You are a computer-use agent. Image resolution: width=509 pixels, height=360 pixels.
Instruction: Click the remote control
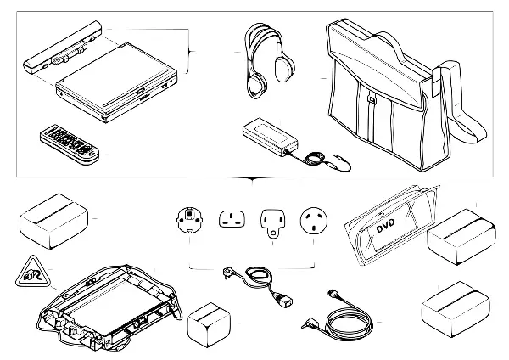[x=71, y=143]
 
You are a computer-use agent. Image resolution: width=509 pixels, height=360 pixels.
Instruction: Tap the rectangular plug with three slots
[x=232, y=221]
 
